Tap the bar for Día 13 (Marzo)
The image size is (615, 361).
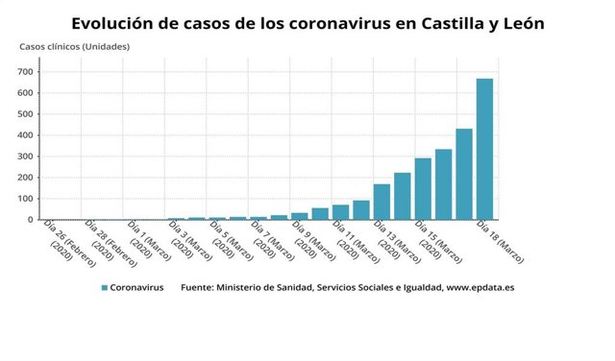[x=381, y=202]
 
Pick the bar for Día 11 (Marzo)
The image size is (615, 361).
[x=340, y=212]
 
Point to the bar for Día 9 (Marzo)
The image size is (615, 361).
[x=299, y=216]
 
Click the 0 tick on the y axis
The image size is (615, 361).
[x=32, y=220]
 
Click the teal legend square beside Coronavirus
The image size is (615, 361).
[x=103, y=287]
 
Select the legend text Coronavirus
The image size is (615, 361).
[x=136, y=287]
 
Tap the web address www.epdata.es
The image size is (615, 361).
[x=473, y=287]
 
